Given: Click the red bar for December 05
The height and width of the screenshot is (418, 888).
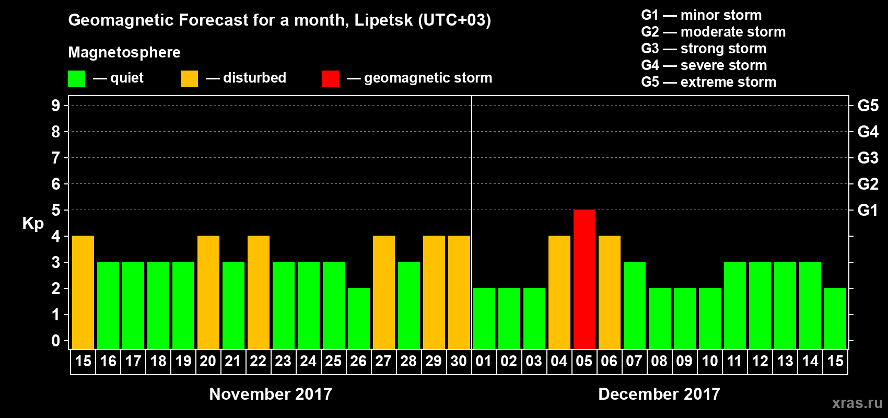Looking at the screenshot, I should coord(584,279).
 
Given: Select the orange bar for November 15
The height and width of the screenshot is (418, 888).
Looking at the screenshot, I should coord(83,292).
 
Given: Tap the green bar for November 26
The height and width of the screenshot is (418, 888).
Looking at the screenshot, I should coord(359,318).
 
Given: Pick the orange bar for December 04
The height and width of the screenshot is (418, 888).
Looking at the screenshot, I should coord(559,292).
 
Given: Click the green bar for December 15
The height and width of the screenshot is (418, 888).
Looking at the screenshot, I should coord(835,318).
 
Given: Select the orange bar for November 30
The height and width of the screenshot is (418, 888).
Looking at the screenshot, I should coord(459,292).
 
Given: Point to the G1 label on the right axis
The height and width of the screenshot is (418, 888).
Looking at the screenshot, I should coord(868,210).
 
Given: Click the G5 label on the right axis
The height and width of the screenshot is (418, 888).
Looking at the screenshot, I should coord(868,106).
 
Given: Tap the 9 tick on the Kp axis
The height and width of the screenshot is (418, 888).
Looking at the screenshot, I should coord(56,106).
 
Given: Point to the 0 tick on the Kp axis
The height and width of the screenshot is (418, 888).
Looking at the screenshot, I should coord(56,341).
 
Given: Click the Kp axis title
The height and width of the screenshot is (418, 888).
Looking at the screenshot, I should coord(33,223).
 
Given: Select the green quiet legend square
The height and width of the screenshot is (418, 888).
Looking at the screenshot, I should coord(77,79).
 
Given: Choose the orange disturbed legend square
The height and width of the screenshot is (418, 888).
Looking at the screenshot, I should coord(189,79).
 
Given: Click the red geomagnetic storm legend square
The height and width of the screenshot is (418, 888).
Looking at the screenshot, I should coord(330,79).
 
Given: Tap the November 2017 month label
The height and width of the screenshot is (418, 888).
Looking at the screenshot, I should coord(271,394).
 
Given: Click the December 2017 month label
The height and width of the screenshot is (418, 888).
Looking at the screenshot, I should coord(659,394).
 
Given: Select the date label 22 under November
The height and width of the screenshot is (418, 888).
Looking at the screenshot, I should coord(258,361).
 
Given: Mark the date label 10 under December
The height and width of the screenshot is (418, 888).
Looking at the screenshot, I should coord(709,361).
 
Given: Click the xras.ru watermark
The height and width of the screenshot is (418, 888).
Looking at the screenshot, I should coord(857,403).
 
